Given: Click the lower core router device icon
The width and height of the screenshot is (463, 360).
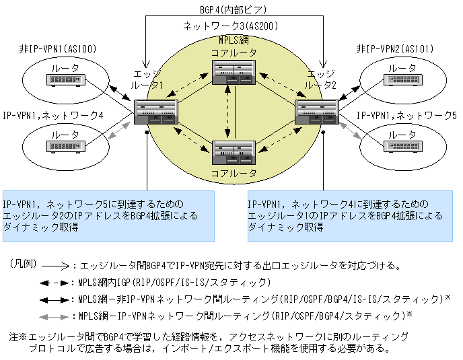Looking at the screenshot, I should coord(233,151).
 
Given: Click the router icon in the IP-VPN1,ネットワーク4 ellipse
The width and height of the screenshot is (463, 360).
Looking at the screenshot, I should coord(65,145).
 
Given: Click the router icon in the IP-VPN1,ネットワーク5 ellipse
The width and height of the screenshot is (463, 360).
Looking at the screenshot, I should coord(402,145).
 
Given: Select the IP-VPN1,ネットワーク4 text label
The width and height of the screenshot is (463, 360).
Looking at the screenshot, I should coord(54,116).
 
